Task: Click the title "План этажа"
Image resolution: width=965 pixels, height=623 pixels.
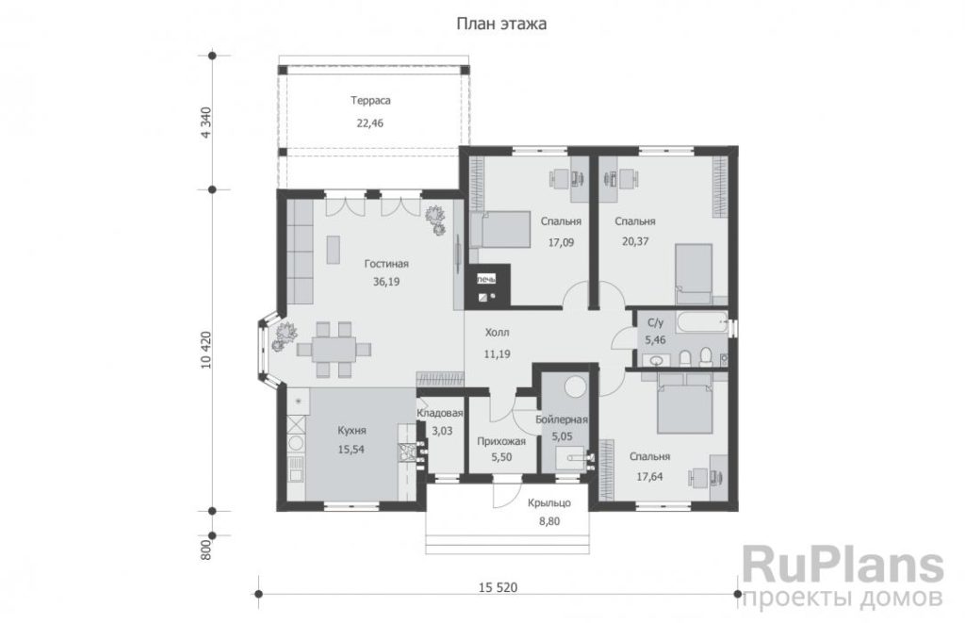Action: pos(501,24)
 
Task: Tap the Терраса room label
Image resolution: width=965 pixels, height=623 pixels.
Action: pos(370,100)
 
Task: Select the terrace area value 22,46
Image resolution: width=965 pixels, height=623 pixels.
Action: pos(369,123)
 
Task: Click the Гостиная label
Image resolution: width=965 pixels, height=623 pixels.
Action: pos(386,264)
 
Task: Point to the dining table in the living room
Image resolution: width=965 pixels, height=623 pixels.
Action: pos(333,350)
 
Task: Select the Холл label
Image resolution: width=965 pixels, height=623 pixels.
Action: pos(498,333)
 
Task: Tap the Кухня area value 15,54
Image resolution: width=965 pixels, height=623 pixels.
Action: pos(351,450)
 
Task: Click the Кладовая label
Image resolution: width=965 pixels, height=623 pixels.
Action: pos(440,414)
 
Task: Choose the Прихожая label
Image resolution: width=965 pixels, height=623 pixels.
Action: pos(501,441)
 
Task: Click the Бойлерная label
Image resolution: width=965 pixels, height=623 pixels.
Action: pos(562,419)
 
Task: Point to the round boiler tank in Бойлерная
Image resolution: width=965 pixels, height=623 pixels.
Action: pos(577,387)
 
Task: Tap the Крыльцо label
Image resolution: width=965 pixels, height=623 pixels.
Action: pos(549,503)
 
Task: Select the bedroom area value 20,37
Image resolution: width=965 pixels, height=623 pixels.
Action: pos(635,242)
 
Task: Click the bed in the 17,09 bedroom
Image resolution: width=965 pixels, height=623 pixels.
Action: pos(501,230)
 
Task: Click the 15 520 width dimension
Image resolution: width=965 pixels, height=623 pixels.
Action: pos(498,587)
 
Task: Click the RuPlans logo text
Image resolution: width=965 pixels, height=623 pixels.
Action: pos(842,566)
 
